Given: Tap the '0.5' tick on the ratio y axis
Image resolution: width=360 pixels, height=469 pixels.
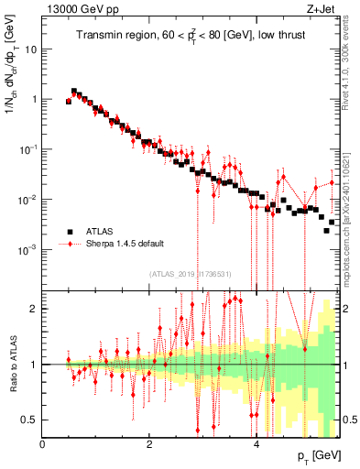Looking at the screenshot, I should [30, 420].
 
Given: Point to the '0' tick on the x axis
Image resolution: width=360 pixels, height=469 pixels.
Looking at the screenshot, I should [42, 444].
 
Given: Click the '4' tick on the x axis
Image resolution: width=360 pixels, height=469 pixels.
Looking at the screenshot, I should [256, 444].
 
